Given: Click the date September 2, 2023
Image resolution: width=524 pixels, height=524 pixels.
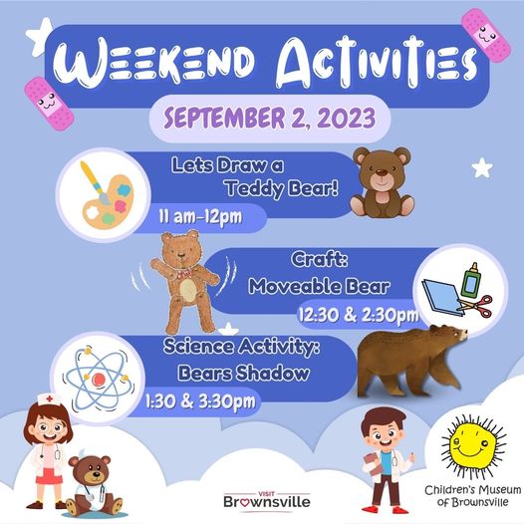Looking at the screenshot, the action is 270,119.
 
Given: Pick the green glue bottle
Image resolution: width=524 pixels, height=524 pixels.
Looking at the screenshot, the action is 470,280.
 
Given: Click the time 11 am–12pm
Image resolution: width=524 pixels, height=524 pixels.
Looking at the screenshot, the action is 200,217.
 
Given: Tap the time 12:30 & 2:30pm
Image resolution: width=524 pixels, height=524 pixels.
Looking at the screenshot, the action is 359,315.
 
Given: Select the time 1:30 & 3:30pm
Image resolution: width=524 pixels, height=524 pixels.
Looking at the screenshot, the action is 200,401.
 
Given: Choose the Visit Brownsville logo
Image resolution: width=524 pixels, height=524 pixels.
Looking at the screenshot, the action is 267,501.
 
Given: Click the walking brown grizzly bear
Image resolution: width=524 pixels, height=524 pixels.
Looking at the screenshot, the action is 411,361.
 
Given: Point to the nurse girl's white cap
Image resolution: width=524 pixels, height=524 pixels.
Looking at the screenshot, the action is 49,399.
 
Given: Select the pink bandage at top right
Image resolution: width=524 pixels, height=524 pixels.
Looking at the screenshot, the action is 486,35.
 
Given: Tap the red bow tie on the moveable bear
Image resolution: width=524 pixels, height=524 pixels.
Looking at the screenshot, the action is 183,274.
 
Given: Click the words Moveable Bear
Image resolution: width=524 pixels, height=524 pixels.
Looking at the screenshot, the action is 319,287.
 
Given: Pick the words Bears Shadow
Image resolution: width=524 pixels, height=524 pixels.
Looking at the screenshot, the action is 243,373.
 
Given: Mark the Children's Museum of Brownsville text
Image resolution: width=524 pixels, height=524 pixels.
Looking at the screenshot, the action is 472,496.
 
